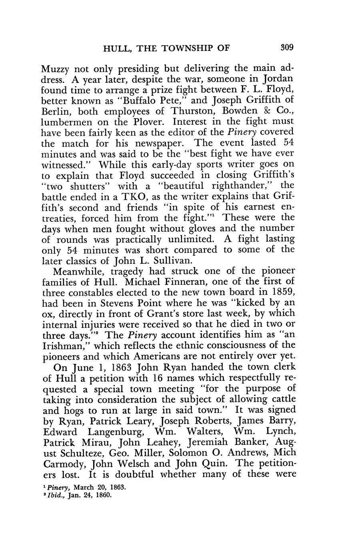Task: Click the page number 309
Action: [x=287, y=48]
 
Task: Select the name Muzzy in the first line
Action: [x=56, y=68]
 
